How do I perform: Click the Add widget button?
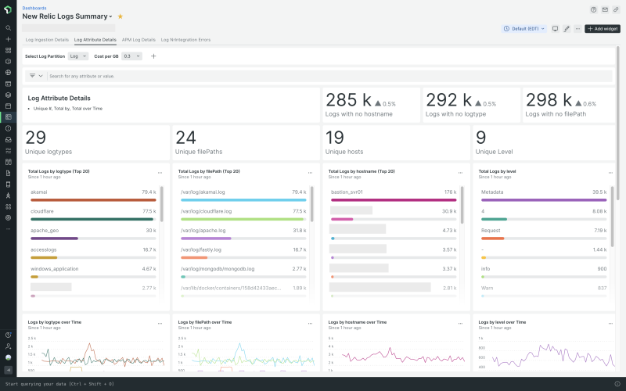pyautogui.click(x=603, y=28)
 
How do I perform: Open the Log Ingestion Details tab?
pyautogui.click(x=47, y=39)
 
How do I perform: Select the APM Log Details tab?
pyautogui.click(x=139, y=39)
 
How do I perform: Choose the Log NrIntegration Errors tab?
pyautogui.click(x=185, y=39)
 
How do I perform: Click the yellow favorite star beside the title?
pyautogui.click(x=120, y=16)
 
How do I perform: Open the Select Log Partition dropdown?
pyautogui.click(x=78, y=56)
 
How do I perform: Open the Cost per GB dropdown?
pyautogui.click(x=132, y=56)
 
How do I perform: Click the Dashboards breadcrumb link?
pyautogui.click(x=34, y=8)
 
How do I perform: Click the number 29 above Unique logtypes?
pyautogui.click(x=36, y=138)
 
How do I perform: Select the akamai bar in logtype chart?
pyautogui.click(x=93, y=199)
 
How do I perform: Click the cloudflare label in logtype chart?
pyautogui.click(x=41, y=211)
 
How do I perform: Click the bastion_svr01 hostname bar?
pyautogui.click(x=394, y=199)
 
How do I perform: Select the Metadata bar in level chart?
pyautogui.click(x=544, y=199)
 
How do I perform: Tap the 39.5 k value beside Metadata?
pyautogui.click(x=599, y=192)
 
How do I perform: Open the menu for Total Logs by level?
pyautogui.click(x=610, y=172)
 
